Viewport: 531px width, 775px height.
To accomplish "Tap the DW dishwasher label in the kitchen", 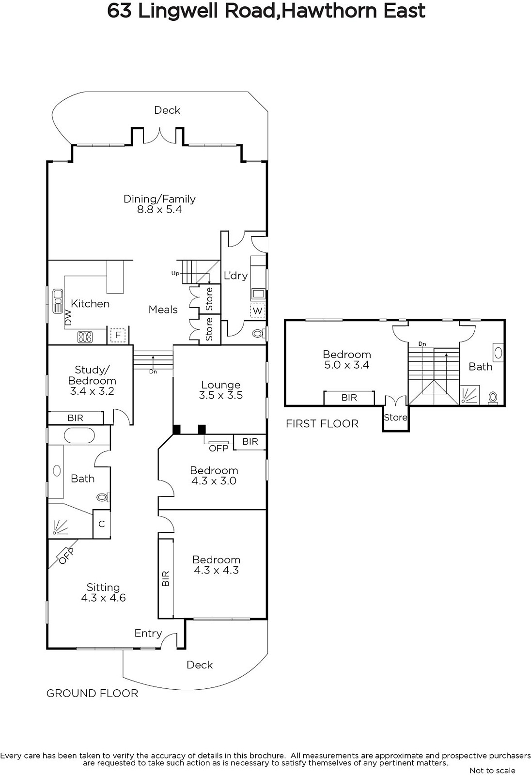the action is point(68,317).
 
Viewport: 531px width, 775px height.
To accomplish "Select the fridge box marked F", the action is point(118,335).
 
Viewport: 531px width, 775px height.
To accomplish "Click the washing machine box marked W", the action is point(257,310).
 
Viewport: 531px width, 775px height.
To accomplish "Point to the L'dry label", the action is point(236,276).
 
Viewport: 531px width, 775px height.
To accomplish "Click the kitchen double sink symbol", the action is point(58,301).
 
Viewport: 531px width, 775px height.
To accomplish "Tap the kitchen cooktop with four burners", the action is point(85,337).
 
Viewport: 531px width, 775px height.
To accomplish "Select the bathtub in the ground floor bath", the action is point(79,435).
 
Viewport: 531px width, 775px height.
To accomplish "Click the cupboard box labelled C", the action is point(101,524).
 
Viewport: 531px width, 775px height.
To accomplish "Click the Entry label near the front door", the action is point(148,633).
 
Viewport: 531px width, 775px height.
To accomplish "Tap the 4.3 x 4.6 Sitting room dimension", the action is point(103,598).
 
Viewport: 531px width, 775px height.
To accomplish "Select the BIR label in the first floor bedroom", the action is point(349,398).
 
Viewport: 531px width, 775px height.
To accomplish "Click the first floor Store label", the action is point(396,417).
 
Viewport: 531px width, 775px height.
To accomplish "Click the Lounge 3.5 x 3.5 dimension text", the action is point(221,395).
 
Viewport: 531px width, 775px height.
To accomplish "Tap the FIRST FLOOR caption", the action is point(322,423).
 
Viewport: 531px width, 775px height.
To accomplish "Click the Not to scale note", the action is point(492,770).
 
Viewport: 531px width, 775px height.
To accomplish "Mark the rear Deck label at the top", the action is point(167,110).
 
